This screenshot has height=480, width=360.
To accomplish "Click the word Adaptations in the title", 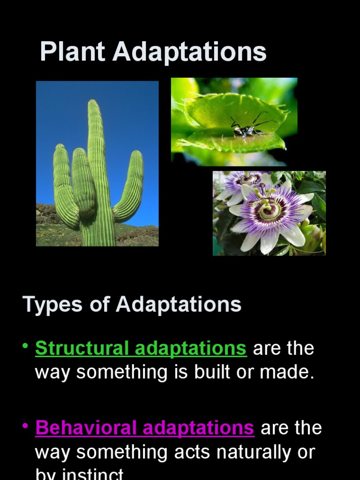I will pyautogui.click(x=189, y=52).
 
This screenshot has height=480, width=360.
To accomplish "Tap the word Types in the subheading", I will pyautogui.click(x=50, y=305).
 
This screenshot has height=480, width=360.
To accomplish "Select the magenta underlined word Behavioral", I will pyautogui.click(x=86, y=428).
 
